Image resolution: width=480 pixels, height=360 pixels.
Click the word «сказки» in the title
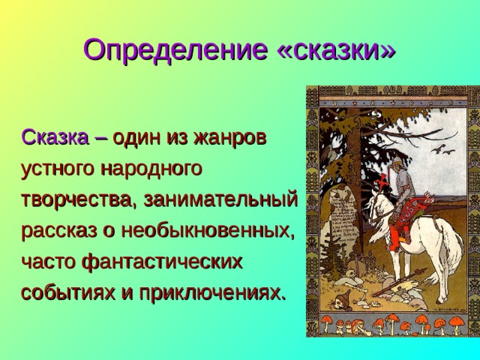(336, 49)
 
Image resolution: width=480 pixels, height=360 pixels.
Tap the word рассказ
(60, 230)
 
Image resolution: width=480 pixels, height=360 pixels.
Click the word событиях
(66, 292)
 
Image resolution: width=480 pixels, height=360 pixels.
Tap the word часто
(48, 261)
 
